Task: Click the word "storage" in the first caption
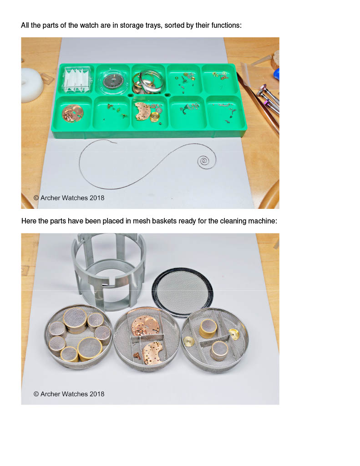click(x=130, y=25)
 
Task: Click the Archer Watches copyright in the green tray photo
click(x=69, y=198)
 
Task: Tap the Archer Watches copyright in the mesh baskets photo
click(x=69, y=394)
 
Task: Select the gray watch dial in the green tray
click(x=113, y=81)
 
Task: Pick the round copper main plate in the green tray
click(x=72, y=113)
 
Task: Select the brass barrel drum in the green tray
click(x=155, y=116)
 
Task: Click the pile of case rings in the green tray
click(x=148, y=81)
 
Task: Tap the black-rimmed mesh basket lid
click(x=182, y=292)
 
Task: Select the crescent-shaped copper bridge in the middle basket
click(x=152, y=353)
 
